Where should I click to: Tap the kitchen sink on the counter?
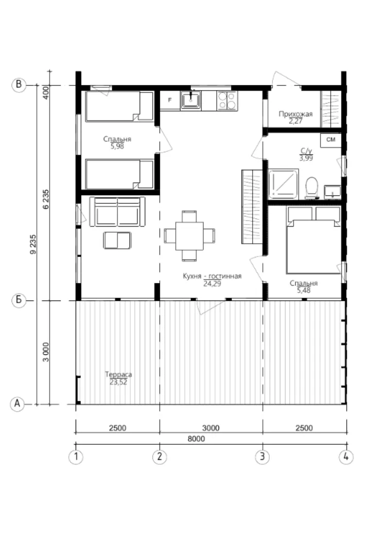(x=191, y=100)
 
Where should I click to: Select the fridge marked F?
(x=170, y=100)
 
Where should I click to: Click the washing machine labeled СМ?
(x=331, y=140)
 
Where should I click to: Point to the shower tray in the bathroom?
(x=283, y=184)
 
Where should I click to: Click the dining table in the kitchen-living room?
(x=189, y=236)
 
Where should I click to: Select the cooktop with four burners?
(x=227, y=100)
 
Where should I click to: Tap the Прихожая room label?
(x=295, y=114)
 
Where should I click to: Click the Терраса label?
(x=118, y=374)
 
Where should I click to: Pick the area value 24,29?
(x=212, y=283)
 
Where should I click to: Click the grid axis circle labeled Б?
(x=19, y=300)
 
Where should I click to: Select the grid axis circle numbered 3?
(x=262, y=456)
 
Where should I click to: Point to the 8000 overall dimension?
(x=196, y=439)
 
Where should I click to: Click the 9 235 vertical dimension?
(x=33, y=245)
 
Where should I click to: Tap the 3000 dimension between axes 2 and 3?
(x=211, y=428)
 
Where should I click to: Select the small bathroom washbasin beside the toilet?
(x=332, y=192)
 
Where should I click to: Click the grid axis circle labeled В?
(x=19, y=85)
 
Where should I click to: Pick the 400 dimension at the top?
(x=46, y=93)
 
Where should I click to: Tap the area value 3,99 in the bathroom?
(x=306, y=158)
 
